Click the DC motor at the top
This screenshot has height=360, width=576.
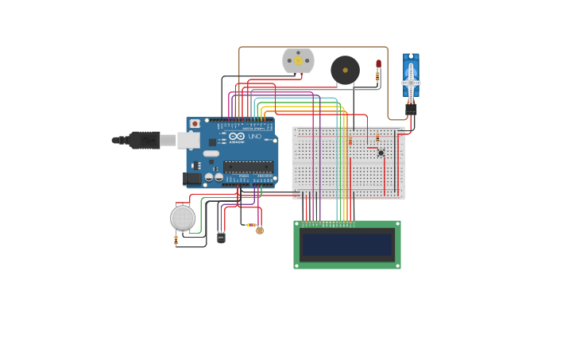298,61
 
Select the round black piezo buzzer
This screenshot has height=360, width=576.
345,70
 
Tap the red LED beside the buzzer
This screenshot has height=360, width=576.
378,64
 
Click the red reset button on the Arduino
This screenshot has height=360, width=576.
195,124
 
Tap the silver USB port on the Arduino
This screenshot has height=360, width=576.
187,141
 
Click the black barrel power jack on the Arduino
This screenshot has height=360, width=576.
191,179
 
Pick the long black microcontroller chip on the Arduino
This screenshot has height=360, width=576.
249,167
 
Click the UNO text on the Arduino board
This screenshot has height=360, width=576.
254,137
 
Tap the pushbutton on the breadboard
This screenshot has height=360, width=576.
381,153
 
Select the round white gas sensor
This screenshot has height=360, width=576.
183,217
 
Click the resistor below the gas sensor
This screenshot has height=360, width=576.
176,240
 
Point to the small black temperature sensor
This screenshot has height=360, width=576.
221,236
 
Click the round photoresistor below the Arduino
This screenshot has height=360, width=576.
260,230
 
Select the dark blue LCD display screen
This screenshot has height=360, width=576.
347,245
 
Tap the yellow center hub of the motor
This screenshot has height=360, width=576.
298,60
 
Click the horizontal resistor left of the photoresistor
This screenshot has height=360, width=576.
250,226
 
